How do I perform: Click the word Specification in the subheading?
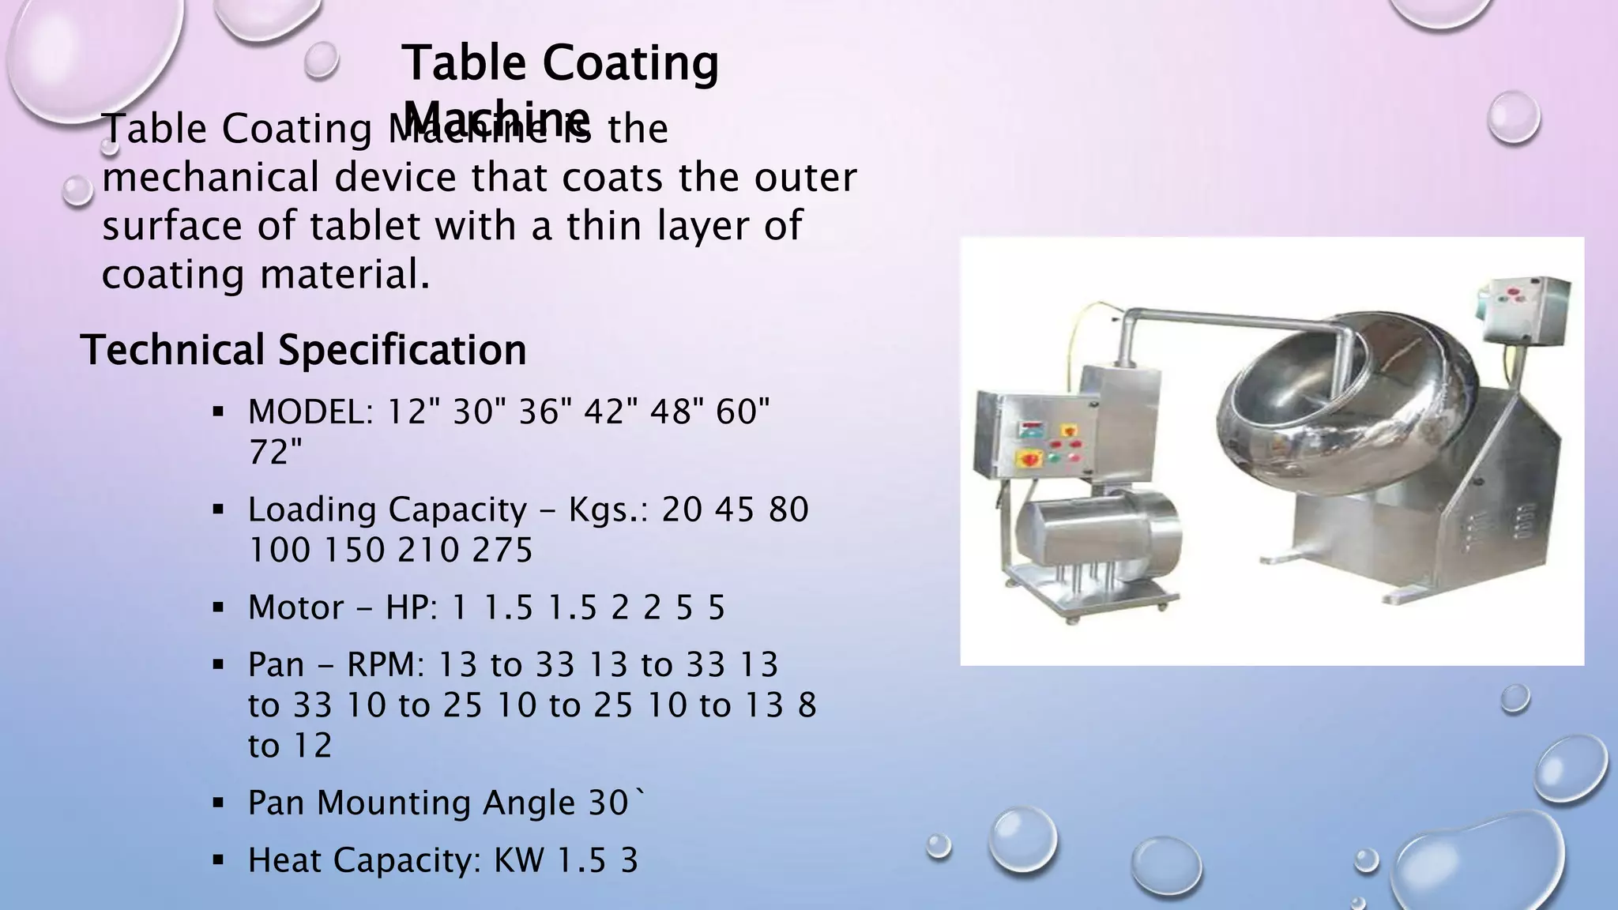click(x=402, y=350)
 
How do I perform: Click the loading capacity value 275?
click(x=502, y=550)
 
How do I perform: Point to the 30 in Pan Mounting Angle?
click(x=608, y=803)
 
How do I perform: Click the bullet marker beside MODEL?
click(x=219, y=412)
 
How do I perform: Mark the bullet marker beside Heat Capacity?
click(x=219, y=860)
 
